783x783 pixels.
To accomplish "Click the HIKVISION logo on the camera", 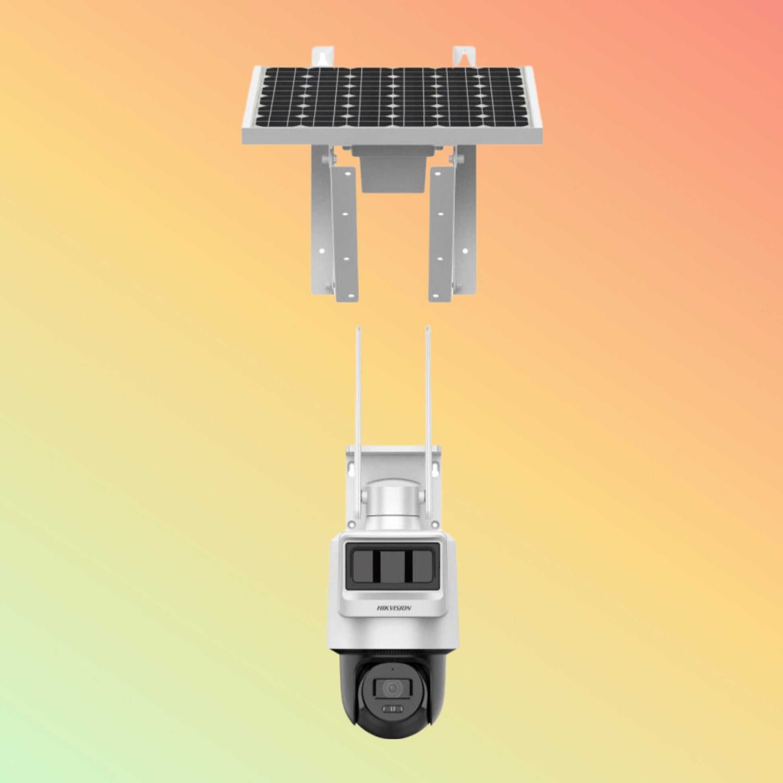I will tap(394, 620).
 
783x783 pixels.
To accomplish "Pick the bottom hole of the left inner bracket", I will tap(347, 295).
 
